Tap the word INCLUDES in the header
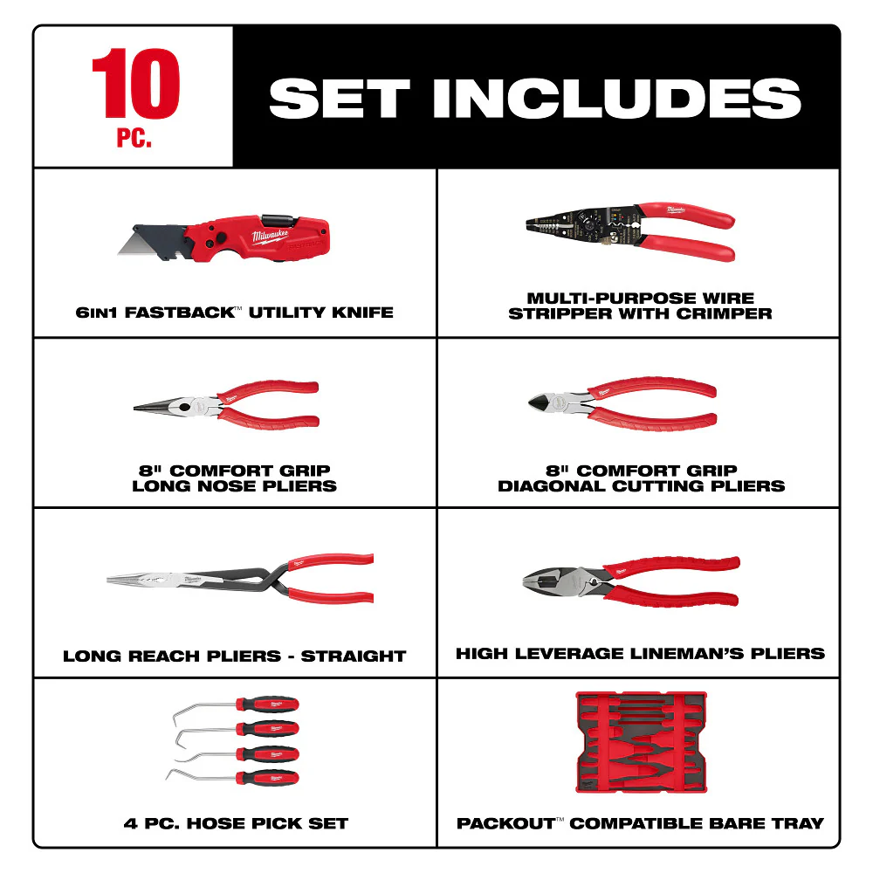point(617,99)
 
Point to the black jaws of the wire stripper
point(559,223)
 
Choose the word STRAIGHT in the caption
point(354,656)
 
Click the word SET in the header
point(334,99)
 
